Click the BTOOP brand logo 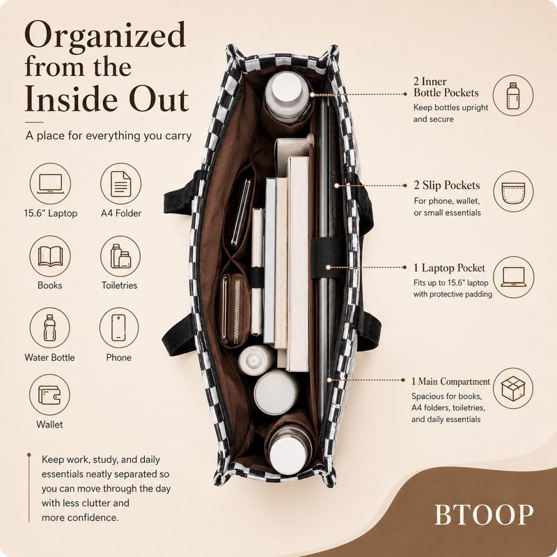484,515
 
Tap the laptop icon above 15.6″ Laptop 50,184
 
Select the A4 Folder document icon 120,184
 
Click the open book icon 50,256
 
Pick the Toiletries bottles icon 120,256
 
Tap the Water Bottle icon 49,327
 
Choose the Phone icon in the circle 119,327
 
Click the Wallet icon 49,395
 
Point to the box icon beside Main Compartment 513,389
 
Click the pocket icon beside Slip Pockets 513,191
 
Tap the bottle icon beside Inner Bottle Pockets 513,95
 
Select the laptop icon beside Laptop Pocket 514,277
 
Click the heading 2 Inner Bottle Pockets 446,87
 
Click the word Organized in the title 105,36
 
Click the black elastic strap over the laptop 328,258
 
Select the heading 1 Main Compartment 450,382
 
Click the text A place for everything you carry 109,136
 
